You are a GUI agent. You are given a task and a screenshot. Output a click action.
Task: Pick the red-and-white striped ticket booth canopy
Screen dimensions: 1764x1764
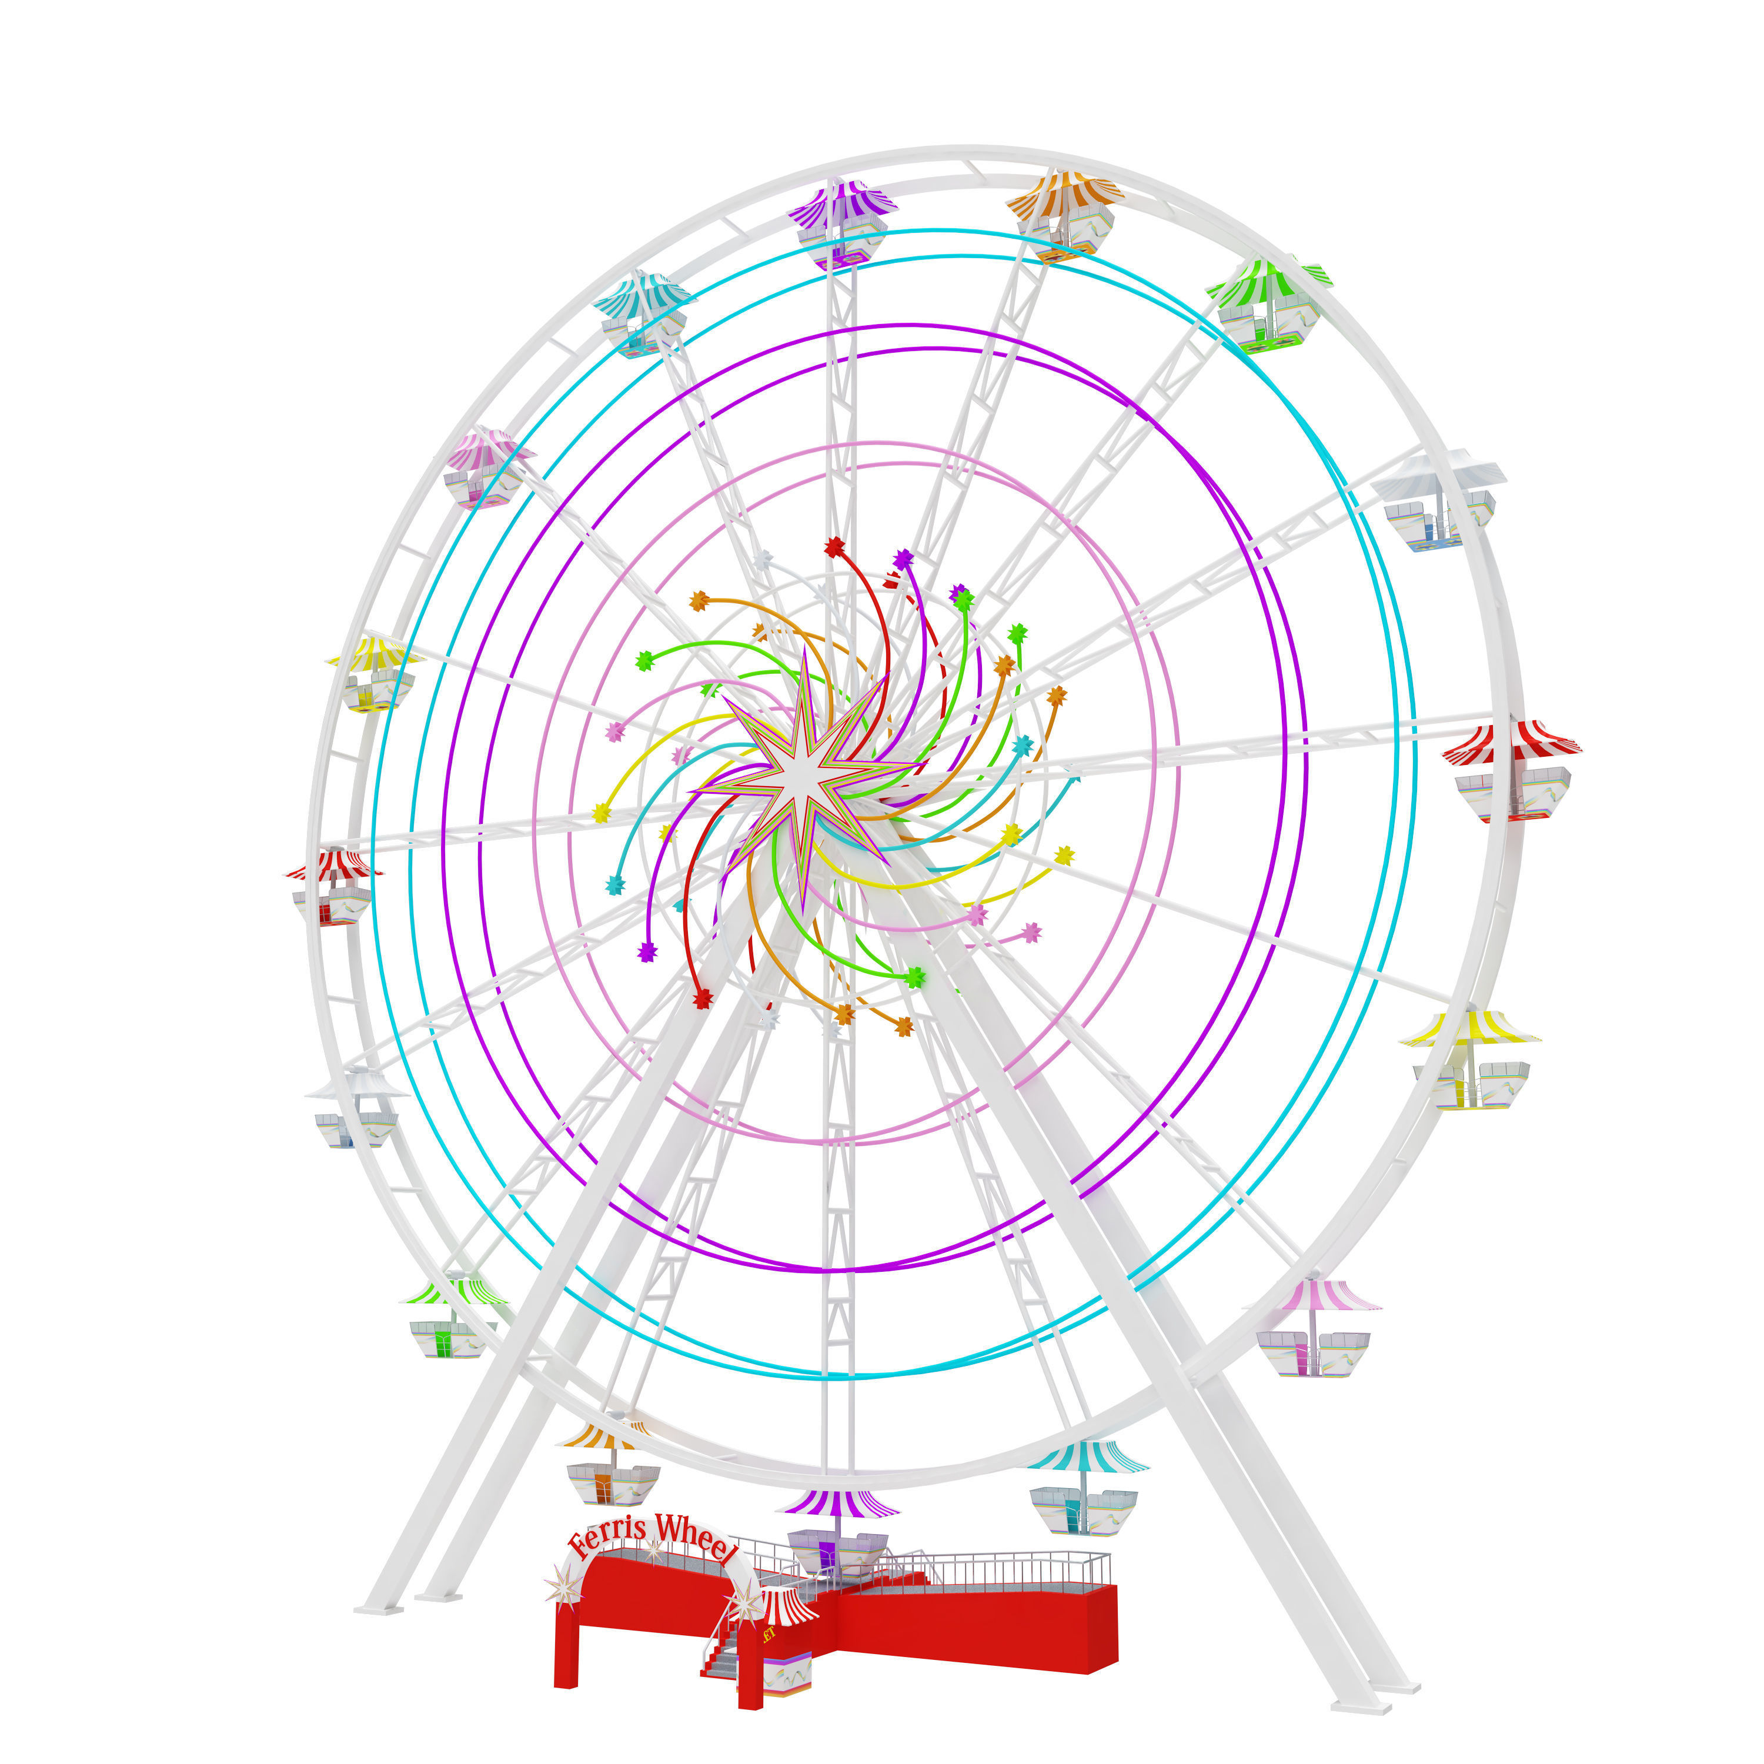pos(787,1605)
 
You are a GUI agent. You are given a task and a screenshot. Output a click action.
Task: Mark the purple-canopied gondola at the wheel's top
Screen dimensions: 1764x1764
pos(840,223)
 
